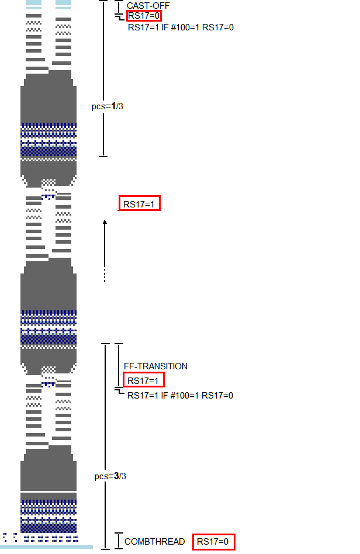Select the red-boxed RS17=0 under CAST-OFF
click(x=144, y=16)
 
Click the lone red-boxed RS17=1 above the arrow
click(x=139, y=204)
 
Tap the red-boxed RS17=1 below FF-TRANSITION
click(x=144, y=380)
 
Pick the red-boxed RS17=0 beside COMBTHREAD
click(x=214, y=542)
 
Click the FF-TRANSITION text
click(x=155, y=366)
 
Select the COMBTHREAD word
click(x=154, y=542)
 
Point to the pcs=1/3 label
click(x=108, y=106)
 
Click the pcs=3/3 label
click(x=110, y=476)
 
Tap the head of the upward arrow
click(x=105, y=222)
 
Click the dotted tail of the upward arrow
click(x=105, y=275)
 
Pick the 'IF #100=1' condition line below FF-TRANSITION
click(x=180, y=396)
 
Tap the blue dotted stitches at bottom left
click(x=9, y=536)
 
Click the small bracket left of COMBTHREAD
click(x=119, y=541)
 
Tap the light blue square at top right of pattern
click(x=63, y=3)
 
